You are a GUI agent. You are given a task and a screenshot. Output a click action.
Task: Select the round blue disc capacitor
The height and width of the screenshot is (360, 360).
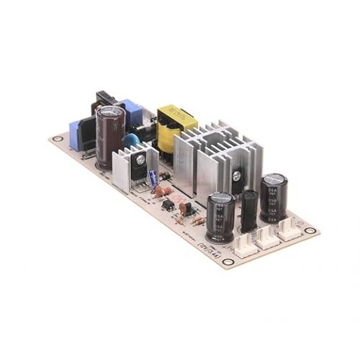coord(132,140)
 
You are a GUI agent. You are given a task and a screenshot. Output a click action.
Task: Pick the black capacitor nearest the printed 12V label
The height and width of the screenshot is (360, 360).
coord(220,216)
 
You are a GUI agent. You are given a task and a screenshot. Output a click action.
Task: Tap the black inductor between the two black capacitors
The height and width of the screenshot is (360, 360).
coord(248,210)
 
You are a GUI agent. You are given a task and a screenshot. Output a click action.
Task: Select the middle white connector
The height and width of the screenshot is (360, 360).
coord(267,236)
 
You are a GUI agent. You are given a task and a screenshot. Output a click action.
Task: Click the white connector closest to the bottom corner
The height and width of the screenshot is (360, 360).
coord(243,247)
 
